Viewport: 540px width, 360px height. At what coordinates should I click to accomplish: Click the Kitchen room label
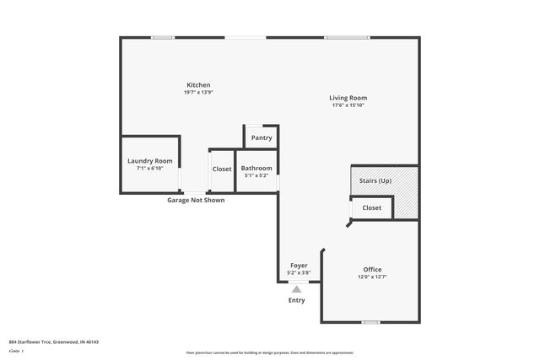click(198, 85)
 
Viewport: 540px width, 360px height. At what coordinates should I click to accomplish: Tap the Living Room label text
click(348, 98)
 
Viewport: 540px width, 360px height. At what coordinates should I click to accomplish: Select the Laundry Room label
click(149, 161)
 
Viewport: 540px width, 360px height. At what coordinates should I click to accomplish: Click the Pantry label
click(262, 137)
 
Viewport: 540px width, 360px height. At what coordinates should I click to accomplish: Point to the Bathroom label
click(256, 168)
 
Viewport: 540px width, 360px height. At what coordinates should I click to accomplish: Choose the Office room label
click(372, 269)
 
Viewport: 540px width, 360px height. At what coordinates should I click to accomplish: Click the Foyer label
click(299, 266)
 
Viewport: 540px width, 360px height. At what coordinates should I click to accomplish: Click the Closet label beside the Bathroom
click(222, 169)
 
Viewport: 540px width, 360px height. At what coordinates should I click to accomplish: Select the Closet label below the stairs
click(371, 207)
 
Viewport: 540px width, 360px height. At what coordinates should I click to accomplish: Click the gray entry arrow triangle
click(296, 289)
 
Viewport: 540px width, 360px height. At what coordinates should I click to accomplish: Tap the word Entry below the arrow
click(296, 300)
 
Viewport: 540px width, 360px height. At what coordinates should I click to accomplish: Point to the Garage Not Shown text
click(196, 200)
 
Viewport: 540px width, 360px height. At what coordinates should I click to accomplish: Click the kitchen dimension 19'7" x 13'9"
click(198, 92)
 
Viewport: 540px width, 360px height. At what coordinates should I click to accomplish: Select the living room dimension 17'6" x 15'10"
click(348, 105)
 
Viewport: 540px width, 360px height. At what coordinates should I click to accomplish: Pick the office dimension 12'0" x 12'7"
click(372, 277)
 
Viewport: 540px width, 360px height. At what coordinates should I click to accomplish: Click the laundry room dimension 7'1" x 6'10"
click(149, 169)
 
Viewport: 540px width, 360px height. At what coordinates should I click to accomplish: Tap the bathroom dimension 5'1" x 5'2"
click(256, 175)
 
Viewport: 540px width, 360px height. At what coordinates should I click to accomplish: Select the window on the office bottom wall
click(370, 322)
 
